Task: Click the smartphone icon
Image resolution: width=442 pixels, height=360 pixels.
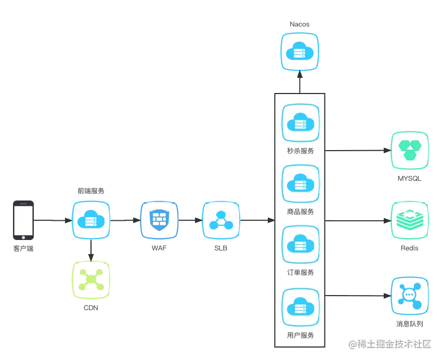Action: tap(25, 220)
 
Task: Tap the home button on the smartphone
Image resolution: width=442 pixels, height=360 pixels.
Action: tap(25, 238)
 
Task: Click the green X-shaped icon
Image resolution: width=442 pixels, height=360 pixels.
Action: tap(91, 279)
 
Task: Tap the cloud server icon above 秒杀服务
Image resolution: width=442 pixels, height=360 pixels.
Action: tap(301, 123)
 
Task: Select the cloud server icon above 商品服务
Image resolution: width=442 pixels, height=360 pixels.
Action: tap(301, 183)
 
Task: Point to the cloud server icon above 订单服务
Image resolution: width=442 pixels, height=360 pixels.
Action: tap(301, 244)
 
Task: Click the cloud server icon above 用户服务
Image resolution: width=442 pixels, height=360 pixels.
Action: tap(301, 307)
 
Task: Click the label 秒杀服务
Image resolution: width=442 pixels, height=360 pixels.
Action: tap(301, 151)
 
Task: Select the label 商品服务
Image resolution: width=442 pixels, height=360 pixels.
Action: tap(301, 211)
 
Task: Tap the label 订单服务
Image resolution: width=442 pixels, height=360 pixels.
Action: tap(301, 272)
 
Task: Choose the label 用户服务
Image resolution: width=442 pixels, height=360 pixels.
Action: tap(301, 335)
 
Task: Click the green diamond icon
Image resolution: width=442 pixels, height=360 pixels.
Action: tap(409, 150)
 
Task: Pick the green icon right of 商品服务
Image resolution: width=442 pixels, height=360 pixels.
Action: tap(409, 220)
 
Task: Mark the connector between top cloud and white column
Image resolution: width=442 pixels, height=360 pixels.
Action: tap(300, 81)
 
